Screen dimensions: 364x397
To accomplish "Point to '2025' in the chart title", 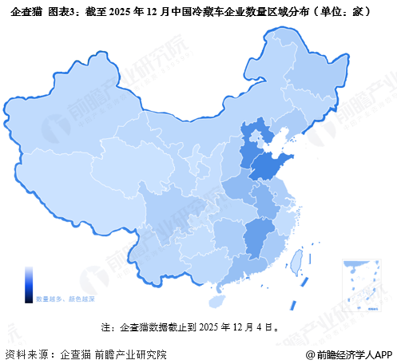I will coord(115,13).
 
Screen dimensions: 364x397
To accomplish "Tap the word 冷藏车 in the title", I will coord(206,13).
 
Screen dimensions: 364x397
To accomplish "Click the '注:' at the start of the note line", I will coord(107,326).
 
